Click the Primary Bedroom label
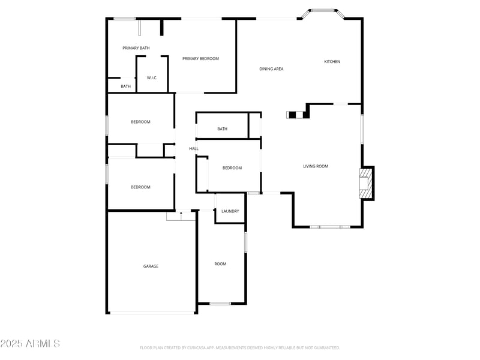[x=200, y=59]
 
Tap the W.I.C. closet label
[x=152, y=78]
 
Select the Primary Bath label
[x=136, y=48]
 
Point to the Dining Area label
[x=271, y=69]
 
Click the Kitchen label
[x=332, y=62]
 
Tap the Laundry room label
[x=230, y=211]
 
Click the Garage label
[x=151, y=266]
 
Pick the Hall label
[x=194, y=149]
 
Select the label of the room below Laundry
[x=220, y=264]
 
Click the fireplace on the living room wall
[x=365, y=182]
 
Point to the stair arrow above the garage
[x=181, y=213]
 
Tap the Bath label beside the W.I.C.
[x=125, y=86]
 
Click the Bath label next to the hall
[x=222, y=129]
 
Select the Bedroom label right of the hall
[x=232, y=168]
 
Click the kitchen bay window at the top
[x=324, y=10]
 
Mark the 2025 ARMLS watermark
[x=30, y=344]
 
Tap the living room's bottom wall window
[x=330, y=227]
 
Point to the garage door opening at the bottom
[x=152, y=313]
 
